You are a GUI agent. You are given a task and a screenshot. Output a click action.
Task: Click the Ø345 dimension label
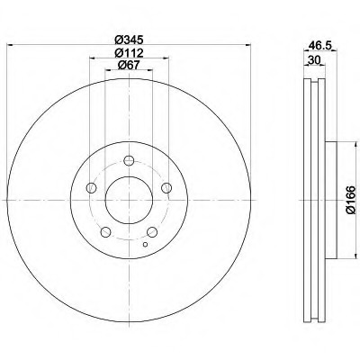(129, 40)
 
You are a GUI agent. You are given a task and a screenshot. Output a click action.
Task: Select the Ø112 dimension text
(129, 53)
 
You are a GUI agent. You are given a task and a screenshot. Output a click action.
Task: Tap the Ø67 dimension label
(129, 65)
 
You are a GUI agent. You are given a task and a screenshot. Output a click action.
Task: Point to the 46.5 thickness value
(320, 46)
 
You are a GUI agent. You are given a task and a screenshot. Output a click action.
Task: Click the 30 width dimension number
(314, 60)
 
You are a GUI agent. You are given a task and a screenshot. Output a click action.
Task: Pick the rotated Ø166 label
(350, 200)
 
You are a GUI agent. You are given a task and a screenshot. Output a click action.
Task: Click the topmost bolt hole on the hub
(129, 160)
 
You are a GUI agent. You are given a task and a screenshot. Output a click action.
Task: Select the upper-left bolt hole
(91, 188)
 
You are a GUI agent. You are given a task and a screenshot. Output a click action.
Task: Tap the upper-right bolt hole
(166, 188)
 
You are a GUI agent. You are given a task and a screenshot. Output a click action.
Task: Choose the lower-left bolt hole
(105, 232)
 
